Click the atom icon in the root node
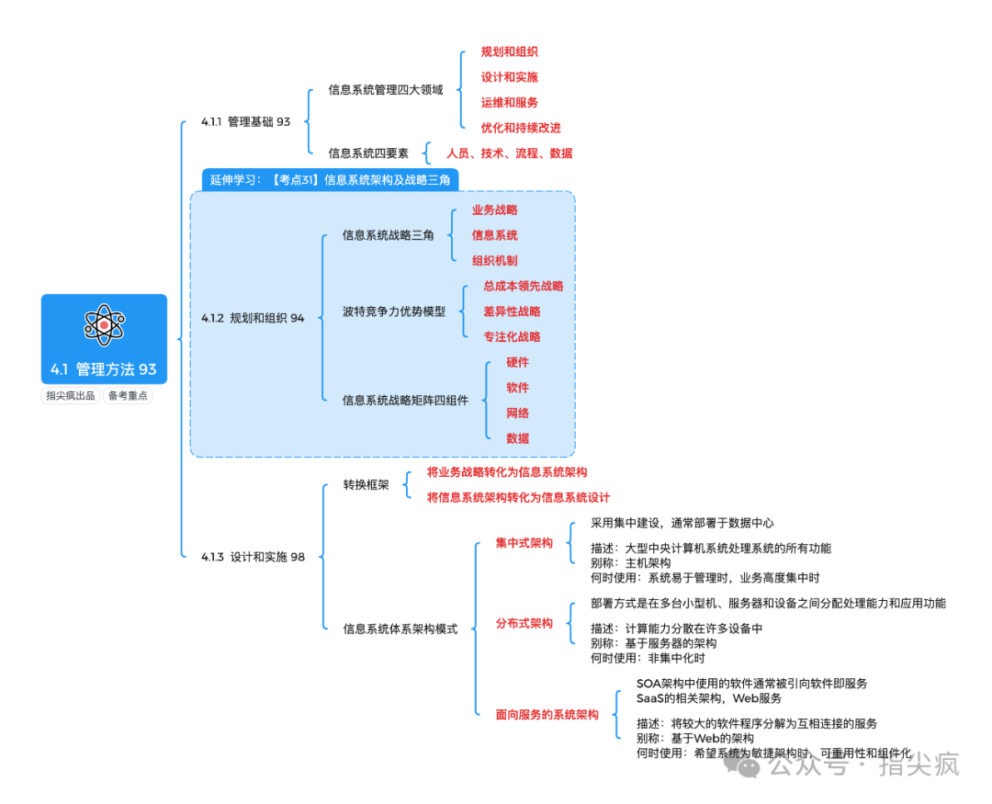[x=104, y=324]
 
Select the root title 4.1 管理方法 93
[x=104, y=369]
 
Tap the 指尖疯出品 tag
[x=71, y=396]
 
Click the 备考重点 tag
[x=128, y=396]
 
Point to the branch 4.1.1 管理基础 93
[x=245, y=122]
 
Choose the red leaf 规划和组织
[x=510, y=52]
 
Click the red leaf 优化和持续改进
[x=521, y=129]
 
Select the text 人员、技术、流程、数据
[x=509, y=153]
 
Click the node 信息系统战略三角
[x=388, y=236]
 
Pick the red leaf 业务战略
[x=495, y=210]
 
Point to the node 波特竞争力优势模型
[x=393, y=311]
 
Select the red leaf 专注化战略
[x=512, y=337]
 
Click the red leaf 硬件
[x=518, y=363]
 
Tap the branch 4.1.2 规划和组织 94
[x=253, y=319]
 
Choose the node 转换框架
[x=366, y=485]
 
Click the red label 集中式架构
[x=524, y=543]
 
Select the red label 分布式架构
[x=524, y=623]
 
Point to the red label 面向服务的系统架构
[x=547, y=714]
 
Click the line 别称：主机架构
[x=630, y=563]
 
